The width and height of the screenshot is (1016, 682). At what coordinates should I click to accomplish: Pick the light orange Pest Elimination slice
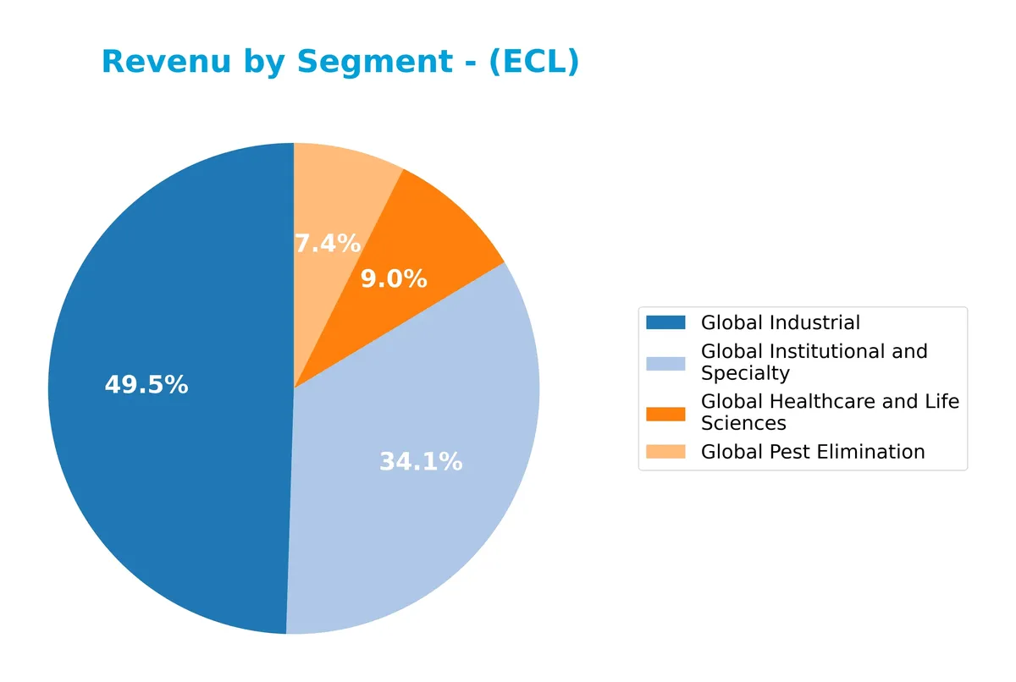(339, 195)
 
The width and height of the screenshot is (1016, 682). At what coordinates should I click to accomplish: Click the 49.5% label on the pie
(146, 385)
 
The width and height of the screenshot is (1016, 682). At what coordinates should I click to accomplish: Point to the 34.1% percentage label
(421, 462)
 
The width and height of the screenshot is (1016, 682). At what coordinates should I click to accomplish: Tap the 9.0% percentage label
(394, 279)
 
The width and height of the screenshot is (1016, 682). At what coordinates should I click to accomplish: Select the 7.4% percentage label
(327, 244)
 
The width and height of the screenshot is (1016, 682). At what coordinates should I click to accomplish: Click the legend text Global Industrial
(780, 322)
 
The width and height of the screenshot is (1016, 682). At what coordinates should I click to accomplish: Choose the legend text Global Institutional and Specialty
(814, 362)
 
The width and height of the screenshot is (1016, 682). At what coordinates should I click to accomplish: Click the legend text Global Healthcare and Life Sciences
(830, 412)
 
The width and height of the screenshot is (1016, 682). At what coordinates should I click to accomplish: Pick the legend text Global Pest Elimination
(812, 452)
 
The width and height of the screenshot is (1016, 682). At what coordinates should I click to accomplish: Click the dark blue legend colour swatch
(665, 322)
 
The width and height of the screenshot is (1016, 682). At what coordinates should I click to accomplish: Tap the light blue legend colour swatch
(665, 362)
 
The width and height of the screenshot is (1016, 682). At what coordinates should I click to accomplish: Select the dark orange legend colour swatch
(665, 413)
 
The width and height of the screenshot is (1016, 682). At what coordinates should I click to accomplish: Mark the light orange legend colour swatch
(665, 452)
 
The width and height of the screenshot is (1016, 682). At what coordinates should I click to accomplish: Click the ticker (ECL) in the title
(534, 62)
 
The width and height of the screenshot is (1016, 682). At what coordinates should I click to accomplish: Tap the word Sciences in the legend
(743, 423)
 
